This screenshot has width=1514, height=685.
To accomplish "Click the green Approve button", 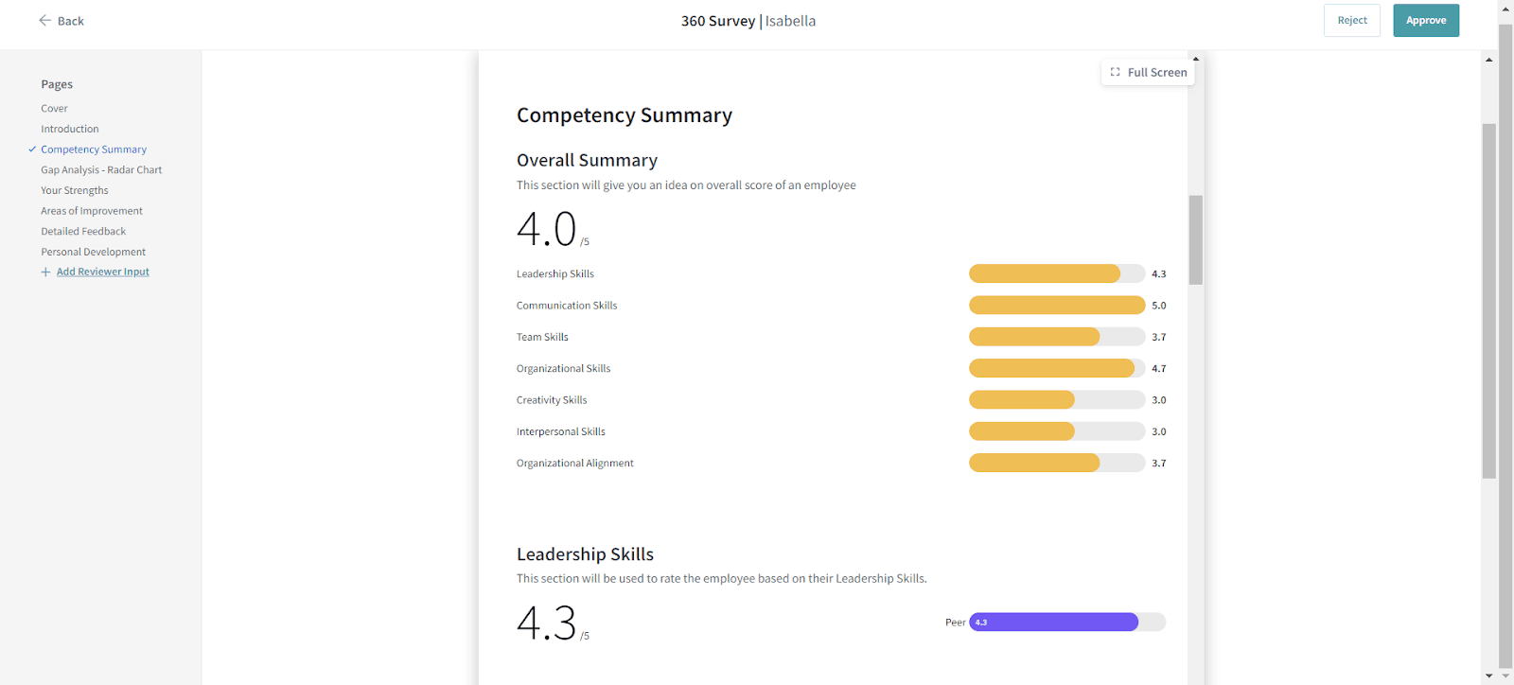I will pyautogui.click(x=1425, y=21).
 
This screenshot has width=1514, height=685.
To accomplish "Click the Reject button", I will pyautogui.click(x=1351, y=21).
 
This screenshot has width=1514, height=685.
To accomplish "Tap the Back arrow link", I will pyautogui.click(x=62, y=21).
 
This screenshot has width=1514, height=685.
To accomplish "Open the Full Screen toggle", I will pyautogui.click(x=1148, y=73).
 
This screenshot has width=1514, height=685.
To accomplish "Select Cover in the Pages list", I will pyautogui.click(x=54, y=109).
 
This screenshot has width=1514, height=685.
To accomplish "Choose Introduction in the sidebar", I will pyautogui.click(x=69, y=130).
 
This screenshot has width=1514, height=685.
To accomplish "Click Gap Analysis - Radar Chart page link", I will pyautogui.click(x=101, y=170).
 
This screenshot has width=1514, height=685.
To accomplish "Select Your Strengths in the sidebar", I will pyautogui.click(x=74, y=191).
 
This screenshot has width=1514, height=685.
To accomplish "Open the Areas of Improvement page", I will pyautogui.click(x=91, y=211).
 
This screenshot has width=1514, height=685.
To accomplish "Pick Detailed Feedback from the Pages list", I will pyautogui.click(x=83, y=232).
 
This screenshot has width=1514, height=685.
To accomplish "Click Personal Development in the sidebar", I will pyautogui.click(x=93, y=253).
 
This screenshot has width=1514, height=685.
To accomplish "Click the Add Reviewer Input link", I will pyautogui.click(x=102, y=272).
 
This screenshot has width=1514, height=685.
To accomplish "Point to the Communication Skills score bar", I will pyautogui.click(x=1056, y=306).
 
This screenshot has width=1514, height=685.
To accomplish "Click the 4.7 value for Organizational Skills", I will pyautogui.click(x=1158, y=369).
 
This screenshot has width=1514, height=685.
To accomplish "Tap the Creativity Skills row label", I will pyautogui.click(x=552, y=400).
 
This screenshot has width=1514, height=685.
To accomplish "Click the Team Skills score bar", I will pyautogui.click(x=1056, y=337).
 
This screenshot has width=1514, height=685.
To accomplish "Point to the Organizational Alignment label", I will pyautogui.click(x=574, y=464).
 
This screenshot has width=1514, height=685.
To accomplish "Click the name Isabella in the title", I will pyautogui.click(x=790, y=21).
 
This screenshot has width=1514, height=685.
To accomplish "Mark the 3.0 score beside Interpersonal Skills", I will pyautogui.click(x=1158, y=432).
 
